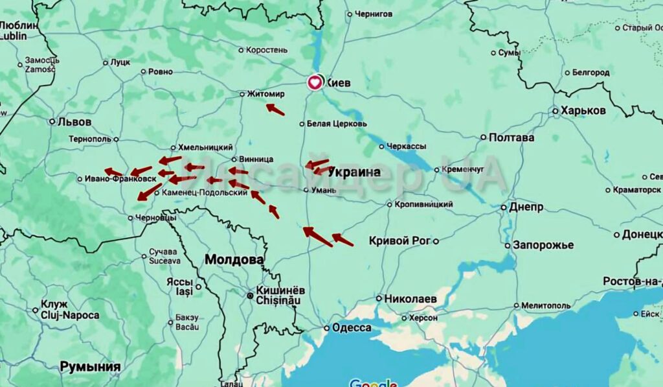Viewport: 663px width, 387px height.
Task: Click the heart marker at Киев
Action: (314, 82)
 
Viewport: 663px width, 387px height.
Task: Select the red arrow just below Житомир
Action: (275, 110)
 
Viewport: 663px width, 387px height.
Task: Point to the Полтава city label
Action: (511, 137)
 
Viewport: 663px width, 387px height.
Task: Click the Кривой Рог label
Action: (399, 240)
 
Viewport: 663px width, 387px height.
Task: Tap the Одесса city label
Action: (351, 327)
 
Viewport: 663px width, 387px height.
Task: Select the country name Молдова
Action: (234, 259)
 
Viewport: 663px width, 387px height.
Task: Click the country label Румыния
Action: (90, 367)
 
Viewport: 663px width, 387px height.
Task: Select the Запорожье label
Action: (543, 245)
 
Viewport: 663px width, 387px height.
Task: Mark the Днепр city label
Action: (526, 207)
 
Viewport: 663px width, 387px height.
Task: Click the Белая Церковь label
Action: (336, 124)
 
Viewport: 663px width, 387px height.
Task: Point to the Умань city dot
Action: (306, 190)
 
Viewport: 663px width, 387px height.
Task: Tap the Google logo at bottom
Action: (373, 382)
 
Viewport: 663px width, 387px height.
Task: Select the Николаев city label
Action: (410, 299)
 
